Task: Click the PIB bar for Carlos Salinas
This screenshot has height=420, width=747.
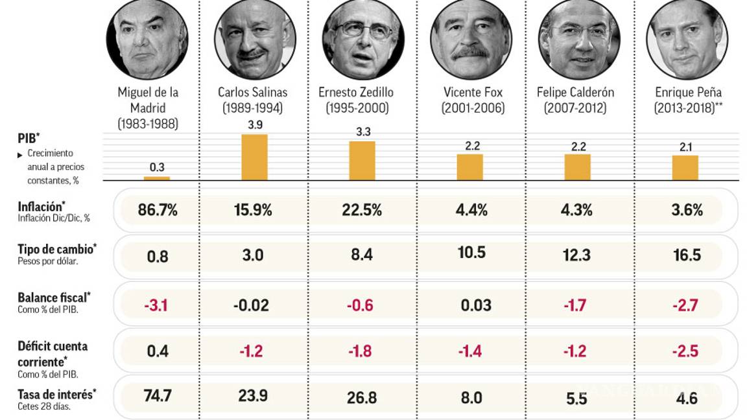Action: [x=254, y=157]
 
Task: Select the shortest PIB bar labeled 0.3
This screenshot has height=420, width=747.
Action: [x=156, y=178]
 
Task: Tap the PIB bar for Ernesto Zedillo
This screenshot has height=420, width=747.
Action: [x=362, y=160]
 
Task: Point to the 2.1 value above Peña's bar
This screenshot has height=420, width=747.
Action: [x=685, y=147]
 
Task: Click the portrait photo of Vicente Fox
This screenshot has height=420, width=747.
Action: [x=470, y=39]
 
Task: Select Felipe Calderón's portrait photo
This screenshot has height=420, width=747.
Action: [x=578, y=39]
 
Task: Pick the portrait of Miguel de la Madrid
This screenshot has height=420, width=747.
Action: [x=147, y=39]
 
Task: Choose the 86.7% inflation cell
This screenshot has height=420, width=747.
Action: [x=157, y=210]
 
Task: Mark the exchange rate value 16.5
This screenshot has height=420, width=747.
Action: [x=687, y=255]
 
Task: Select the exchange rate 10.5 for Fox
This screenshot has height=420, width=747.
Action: [x=471, y=252]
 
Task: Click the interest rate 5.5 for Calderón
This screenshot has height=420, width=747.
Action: [x=576, y=398]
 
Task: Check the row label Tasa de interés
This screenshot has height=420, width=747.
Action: [x=54, y=394]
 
